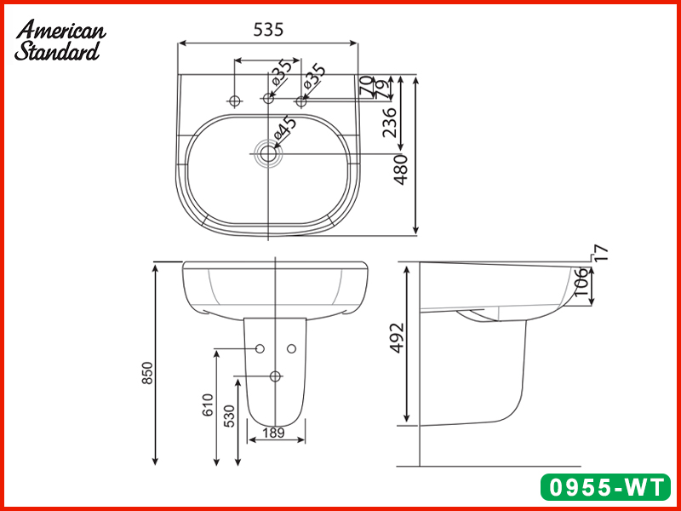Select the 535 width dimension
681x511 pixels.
click(x=267, y=30)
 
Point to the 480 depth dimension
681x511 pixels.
click(x=401, y=168)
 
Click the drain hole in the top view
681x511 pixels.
click(x=269, y=153)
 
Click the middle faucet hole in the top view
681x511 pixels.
click(x=268, y=100)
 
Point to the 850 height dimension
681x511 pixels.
click(x=146, y=373)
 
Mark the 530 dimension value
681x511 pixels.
click(x=228, y=416)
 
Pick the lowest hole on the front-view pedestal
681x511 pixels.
click(x=275, y=376)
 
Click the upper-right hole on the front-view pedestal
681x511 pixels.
click(x=291, y=348)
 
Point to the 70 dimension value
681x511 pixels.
click(x=366, y=85)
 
